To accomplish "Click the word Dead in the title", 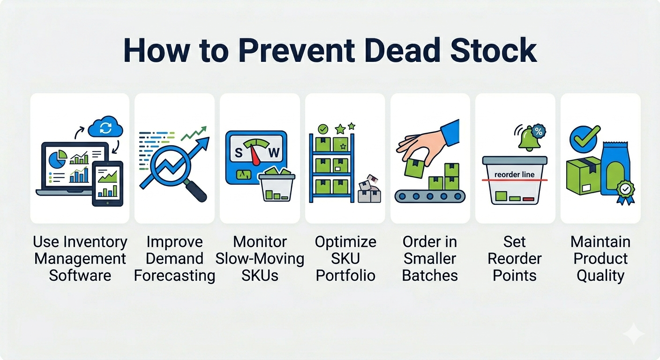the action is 404,51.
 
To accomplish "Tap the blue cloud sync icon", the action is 105,127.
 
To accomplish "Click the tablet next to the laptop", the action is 107,184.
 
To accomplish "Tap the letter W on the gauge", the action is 274,153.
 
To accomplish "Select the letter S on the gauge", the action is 239,153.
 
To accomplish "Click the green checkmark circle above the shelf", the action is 323,129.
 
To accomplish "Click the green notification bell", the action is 529,138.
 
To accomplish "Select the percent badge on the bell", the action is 539,131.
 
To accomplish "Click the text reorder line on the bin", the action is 514,174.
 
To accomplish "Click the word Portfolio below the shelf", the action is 345,276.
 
